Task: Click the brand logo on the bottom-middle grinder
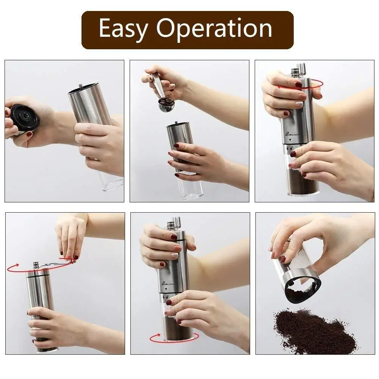pyautogui.click(x=167, y=283)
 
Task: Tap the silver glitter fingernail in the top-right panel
pyautogui.click(x=299, y=103)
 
